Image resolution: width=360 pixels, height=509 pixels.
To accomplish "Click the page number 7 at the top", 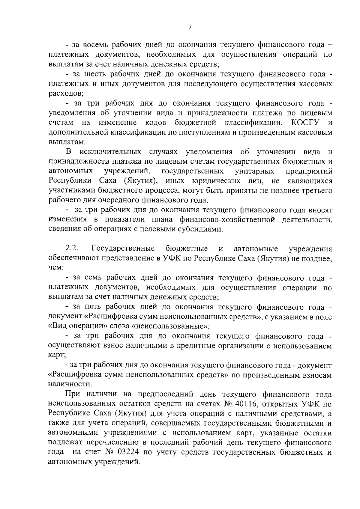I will (190, 27).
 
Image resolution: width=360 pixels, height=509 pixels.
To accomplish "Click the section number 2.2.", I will (72, 249).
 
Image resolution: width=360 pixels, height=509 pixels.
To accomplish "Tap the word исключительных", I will (110, 152).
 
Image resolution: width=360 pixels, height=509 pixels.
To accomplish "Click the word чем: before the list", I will (56, 268).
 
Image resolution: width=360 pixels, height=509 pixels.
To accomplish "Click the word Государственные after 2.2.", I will (123, 249).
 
